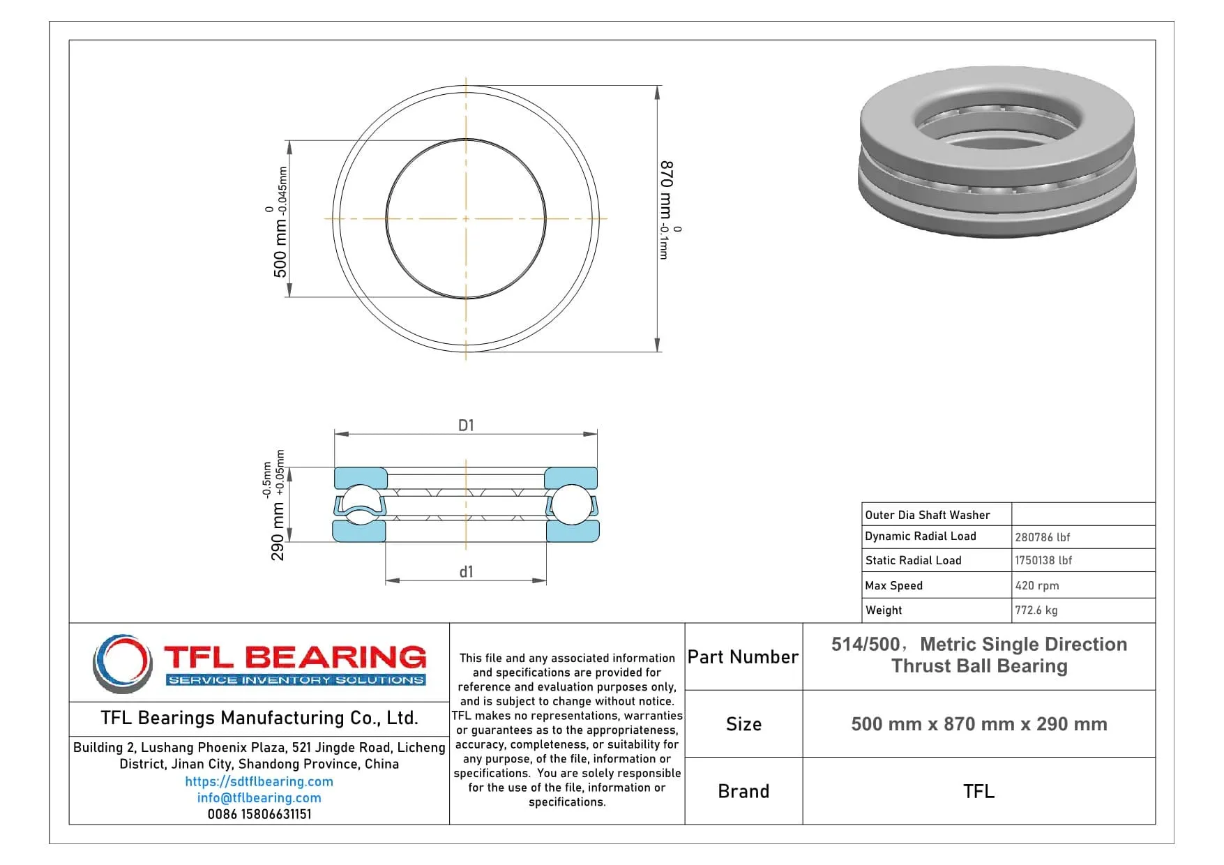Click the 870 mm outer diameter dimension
point(667,209)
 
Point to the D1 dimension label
point(466,425)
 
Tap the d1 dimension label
point(466,572)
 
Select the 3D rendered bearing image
point(997,151)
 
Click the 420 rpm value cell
point(1036,586)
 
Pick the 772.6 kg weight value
point(1036,610)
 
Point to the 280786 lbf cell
point(1042,537)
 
